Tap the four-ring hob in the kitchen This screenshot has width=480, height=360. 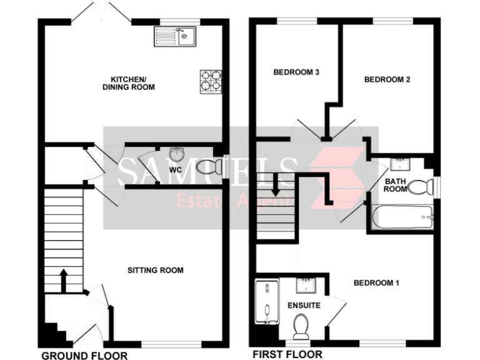211,81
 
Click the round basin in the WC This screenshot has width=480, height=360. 176,154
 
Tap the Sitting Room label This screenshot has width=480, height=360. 156,271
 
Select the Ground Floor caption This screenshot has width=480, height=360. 84,356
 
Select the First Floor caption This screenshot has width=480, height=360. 287,355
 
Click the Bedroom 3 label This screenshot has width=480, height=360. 297,72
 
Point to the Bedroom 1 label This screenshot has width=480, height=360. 376,283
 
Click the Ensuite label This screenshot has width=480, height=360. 304,306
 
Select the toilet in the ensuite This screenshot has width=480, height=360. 301,325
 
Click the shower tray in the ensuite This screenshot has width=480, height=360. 266,303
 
